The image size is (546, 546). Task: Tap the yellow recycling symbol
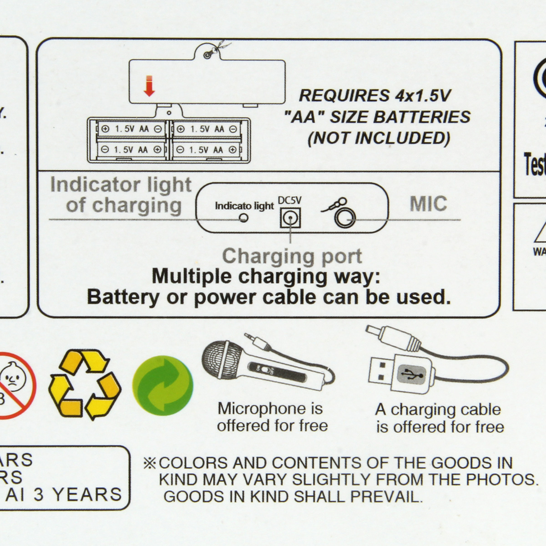(85, 384)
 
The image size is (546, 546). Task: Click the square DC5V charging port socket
(290, 219)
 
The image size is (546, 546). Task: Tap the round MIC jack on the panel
(345, 219)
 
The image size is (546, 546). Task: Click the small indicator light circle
(244, 218)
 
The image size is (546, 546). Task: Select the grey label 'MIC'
(428, 204)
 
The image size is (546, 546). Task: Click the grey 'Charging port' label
(292, 256)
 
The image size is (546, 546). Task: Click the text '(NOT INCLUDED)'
(379, 137)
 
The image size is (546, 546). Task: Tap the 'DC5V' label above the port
(290, 201)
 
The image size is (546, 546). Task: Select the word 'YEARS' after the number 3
(86, 495)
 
